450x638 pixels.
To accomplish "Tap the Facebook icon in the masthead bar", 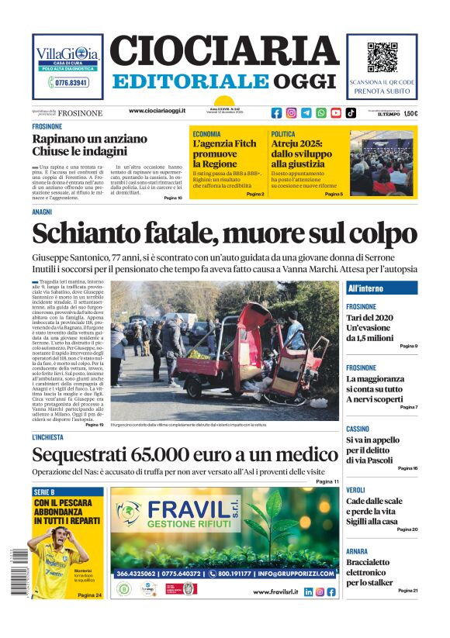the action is point(277,112).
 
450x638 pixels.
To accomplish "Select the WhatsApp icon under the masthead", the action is point(321,112).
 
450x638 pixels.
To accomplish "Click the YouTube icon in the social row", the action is point(336,112).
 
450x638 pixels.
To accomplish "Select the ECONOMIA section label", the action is point(206,134).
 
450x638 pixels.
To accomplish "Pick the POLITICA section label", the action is point(283,134).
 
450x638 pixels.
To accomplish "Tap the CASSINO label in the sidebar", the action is point(358,429).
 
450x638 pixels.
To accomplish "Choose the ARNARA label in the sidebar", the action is point(357,551).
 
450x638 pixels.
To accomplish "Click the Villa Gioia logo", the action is point(67,55).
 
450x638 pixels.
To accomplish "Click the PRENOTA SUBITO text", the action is point(381,91).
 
